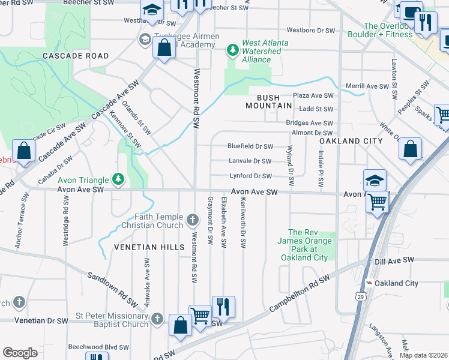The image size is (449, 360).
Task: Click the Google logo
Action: point(20,353)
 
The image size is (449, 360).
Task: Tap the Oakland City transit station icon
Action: point(370,283)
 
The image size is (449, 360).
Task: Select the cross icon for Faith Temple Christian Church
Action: point(192,220)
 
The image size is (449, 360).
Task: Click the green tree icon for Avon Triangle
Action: point(119,179)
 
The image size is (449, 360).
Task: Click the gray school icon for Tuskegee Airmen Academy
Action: point(144,40)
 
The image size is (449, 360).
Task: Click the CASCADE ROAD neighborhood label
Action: point(76,56)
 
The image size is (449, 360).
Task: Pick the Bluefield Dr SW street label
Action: point(250,146)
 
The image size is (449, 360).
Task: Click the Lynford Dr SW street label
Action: point(250,176)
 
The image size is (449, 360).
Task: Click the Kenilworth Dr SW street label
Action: point(244,223)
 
